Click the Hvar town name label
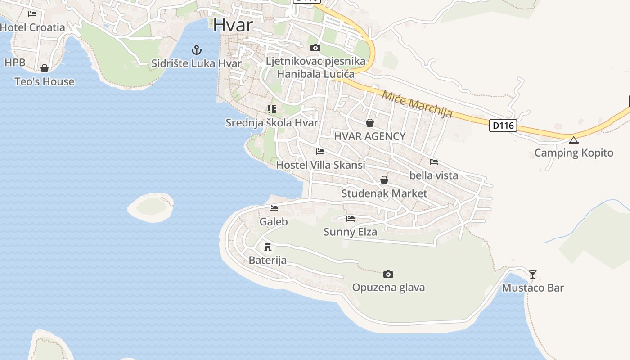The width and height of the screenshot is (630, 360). click(233, 25)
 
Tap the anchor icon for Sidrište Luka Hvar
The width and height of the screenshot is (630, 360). click(196, 49)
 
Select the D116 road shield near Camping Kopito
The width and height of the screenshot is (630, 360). click(503, 126)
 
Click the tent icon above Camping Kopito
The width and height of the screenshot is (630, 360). click(573, 140)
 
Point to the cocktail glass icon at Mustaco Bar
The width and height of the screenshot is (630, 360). click(533, 274)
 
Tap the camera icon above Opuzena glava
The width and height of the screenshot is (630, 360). click(388, 274)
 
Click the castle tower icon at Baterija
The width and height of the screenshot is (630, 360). click(268, 247)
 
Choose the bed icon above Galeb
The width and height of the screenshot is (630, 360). click(274, 208)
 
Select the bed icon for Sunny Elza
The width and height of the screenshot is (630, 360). click(351, 219)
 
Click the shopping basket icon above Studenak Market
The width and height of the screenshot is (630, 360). click(384, 180)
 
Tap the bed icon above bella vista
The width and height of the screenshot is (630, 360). click(434, 162)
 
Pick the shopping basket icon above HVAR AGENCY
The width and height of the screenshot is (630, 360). click(370, 123)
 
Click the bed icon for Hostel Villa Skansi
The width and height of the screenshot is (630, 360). click(320, 151)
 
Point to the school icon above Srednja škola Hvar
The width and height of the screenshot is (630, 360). click(271, 109)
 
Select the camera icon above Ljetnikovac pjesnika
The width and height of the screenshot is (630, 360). click(315, 48)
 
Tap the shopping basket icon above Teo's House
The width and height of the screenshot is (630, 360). click(45, 68)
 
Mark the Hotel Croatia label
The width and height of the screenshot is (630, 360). click(32, 27)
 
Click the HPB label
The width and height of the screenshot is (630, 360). click(15, 63)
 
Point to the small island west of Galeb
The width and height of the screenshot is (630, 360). click(151, 207)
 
